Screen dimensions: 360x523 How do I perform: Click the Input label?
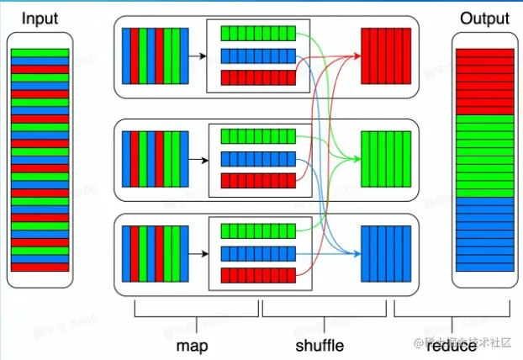(x=40, y=18)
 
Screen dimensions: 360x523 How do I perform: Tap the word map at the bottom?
(x=193, y=345)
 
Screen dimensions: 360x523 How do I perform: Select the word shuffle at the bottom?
(x=320, y=345)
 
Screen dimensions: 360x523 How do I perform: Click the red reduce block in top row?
(x=385, y=56)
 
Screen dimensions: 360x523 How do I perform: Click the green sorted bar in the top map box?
(x=258, y=34)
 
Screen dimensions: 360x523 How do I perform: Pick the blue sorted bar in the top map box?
(x=258, y=56)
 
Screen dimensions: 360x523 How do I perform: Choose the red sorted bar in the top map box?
(x=258, y=78)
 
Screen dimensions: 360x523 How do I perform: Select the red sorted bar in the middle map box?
(x=258, y=180)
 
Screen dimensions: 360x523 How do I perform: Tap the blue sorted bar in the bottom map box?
(x=258, y=254)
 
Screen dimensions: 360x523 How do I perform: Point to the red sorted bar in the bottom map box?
(x=258, y=276)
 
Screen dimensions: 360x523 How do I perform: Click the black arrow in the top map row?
(x=198, y=56)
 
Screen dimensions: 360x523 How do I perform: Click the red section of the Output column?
(x=483, y=82)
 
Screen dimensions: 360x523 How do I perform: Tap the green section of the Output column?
(x=483, y=156)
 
